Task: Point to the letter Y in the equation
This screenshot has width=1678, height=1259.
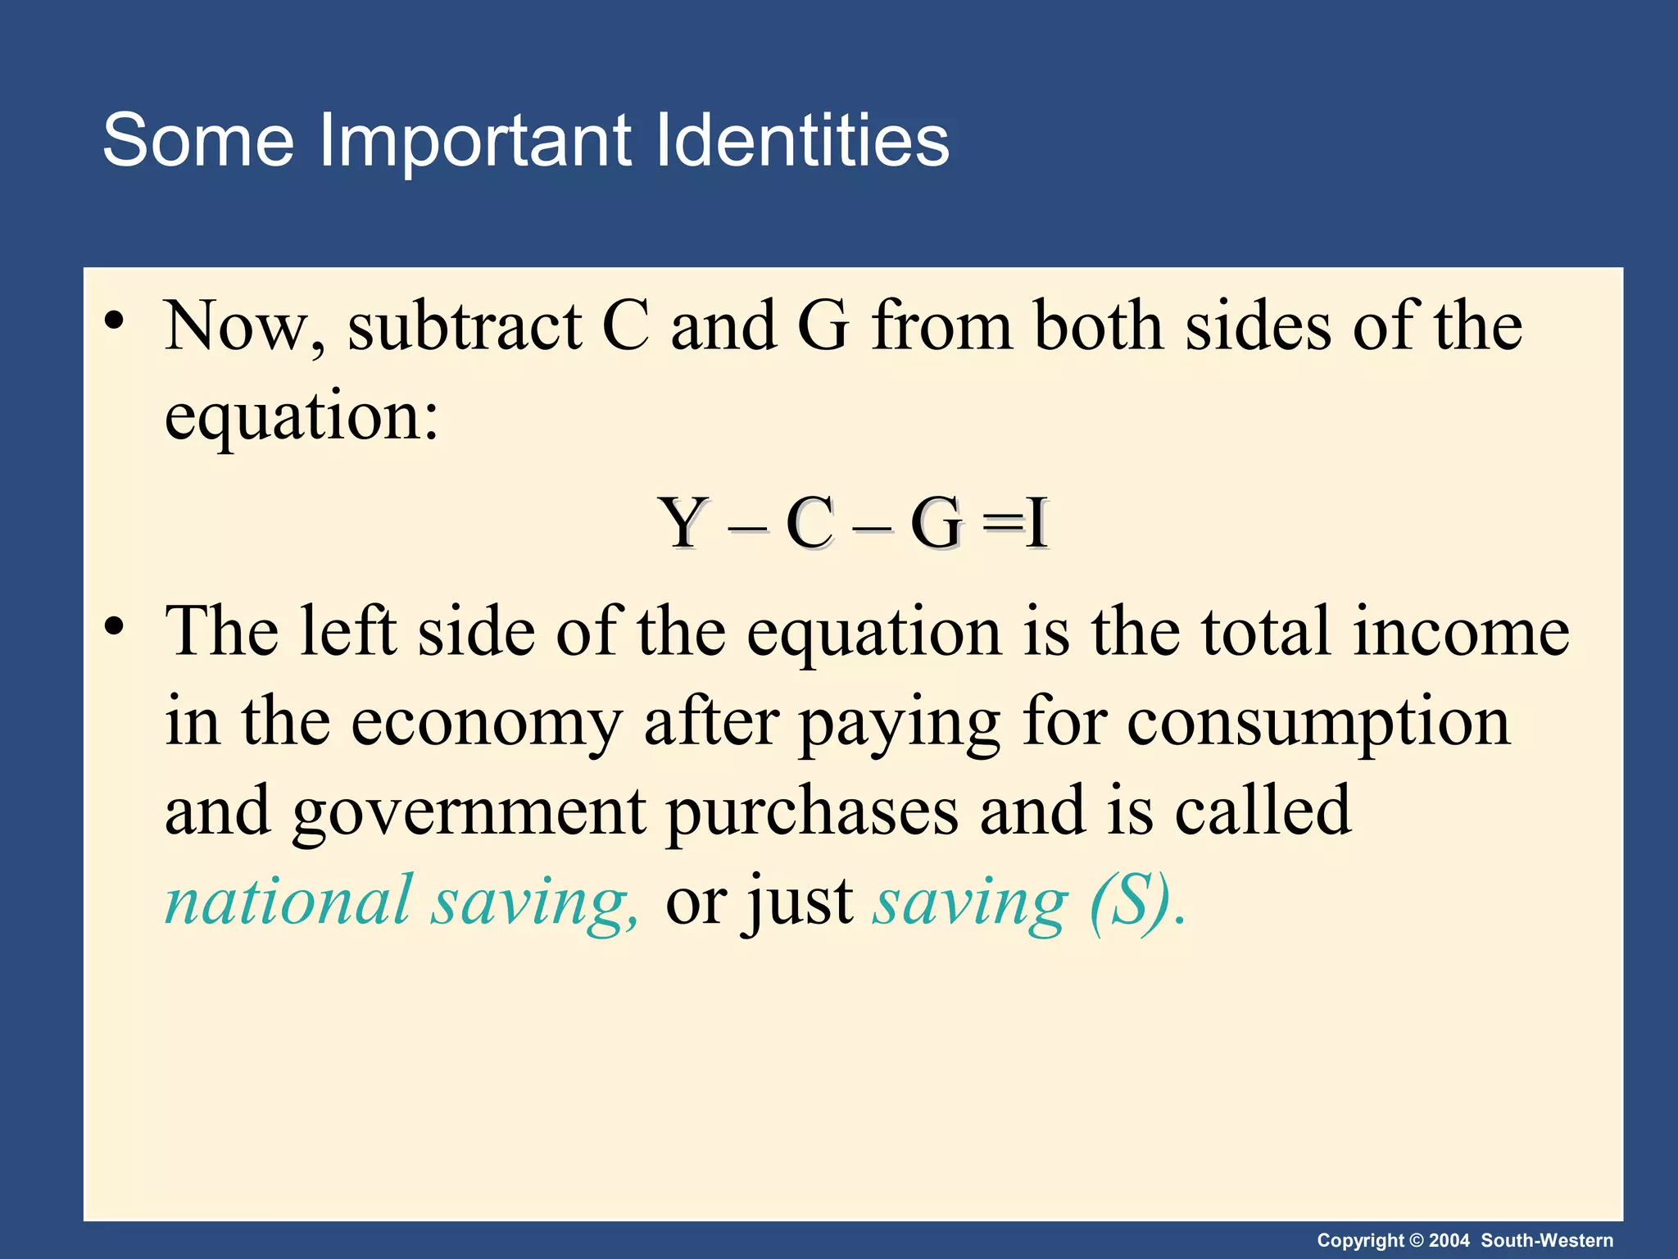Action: [683, 524]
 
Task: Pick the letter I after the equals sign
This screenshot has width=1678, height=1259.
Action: [1037, 524]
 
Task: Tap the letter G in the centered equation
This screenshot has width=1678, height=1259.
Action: [937, 524]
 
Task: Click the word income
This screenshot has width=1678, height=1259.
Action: [1461, 632]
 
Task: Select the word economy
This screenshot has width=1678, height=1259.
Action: [487, 723]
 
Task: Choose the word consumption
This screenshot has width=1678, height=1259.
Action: [1318, 723]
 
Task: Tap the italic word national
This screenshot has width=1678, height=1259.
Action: [288, 902]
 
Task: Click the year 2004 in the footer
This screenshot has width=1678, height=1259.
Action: [1449, 1241]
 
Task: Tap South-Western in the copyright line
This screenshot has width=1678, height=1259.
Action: [1547, 1241]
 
